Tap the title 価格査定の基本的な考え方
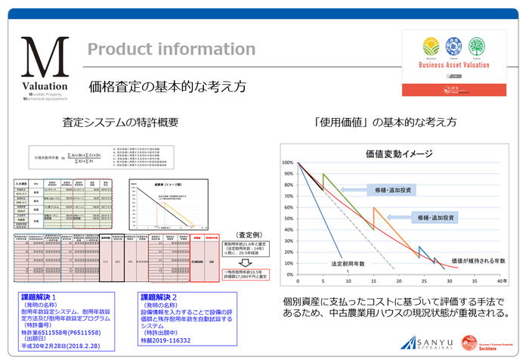tap(167, 86)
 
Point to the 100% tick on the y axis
tap(288, 163)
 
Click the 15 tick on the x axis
tap(374, 278)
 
